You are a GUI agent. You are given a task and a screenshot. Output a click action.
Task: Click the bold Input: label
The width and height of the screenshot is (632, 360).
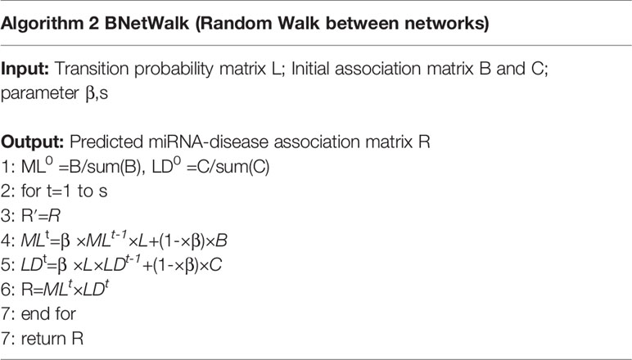click(25, 70)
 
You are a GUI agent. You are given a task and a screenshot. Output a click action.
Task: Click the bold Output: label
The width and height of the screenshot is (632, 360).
click(32, 142)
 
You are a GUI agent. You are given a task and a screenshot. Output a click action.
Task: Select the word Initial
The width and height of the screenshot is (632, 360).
click(310, 69)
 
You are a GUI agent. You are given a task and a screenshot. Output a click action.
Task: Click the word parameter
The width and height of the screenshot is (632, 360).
click(40, 94)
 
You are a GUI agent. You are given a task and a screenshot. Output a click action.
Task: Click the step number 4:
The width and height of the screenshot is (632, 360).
click(8, 241)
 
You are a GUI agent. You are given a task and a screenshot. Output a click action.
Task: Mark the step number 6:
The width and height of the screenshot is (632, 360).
click(8, 290)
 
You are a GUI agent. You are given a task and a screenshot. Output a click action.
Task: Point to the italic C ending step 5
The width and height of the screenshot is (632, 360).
click(215, 265)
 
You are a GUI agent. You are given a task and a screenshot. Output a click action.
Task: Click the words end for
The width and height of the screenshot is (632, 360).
click(48, 313)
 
